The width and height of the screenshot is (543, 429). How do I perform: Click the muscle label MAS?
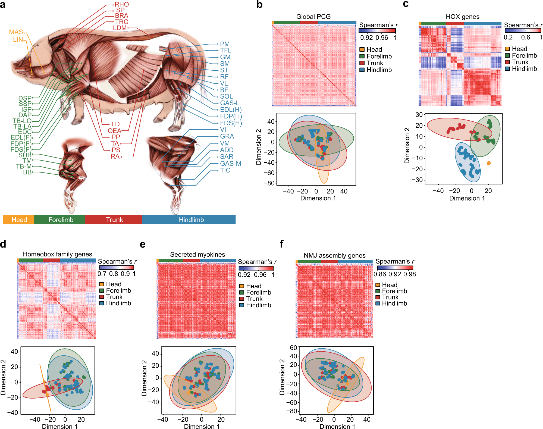16,32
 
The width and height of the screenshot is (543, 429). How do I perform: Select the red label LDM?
120,28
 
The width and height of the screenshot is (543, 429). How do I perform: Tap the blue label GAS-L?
230,103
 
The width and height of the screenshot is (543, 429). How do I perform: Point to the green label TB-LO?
22,121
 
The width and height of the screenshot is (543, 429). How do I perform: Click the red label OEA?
114,131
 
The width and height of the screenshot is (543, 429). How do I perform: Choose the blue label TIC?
225,170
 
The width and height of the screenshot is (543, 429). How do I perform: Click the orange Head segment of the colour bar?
18,220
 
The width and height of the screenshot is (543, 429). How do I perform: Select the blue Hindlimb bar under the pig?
191,220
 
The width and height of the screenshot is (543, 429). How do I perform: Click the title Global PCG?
313,17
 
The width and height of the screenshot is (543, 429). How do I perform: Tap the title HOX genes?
462,17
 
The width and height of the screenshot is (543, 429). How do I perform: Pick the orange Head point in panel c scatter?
489,163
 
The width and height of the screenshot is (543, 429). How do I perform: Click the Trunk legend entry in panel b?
375,63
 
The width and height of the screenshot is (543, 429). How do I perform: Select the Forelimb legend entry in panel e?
258,292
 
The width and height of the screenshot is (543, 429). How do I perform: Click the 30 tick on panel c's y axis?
419,115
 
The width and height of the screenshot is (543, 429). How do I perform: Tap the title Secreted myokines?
197,255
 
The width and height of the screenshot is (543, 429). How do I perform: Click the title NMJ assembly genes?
334,255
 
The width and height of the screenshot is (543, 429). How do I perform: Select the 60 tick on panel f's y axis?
293,348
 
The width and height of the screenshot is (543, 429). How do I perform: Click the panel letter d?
3,244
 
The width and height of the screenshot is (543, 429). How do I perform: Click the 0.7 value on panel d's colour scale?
102,274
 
